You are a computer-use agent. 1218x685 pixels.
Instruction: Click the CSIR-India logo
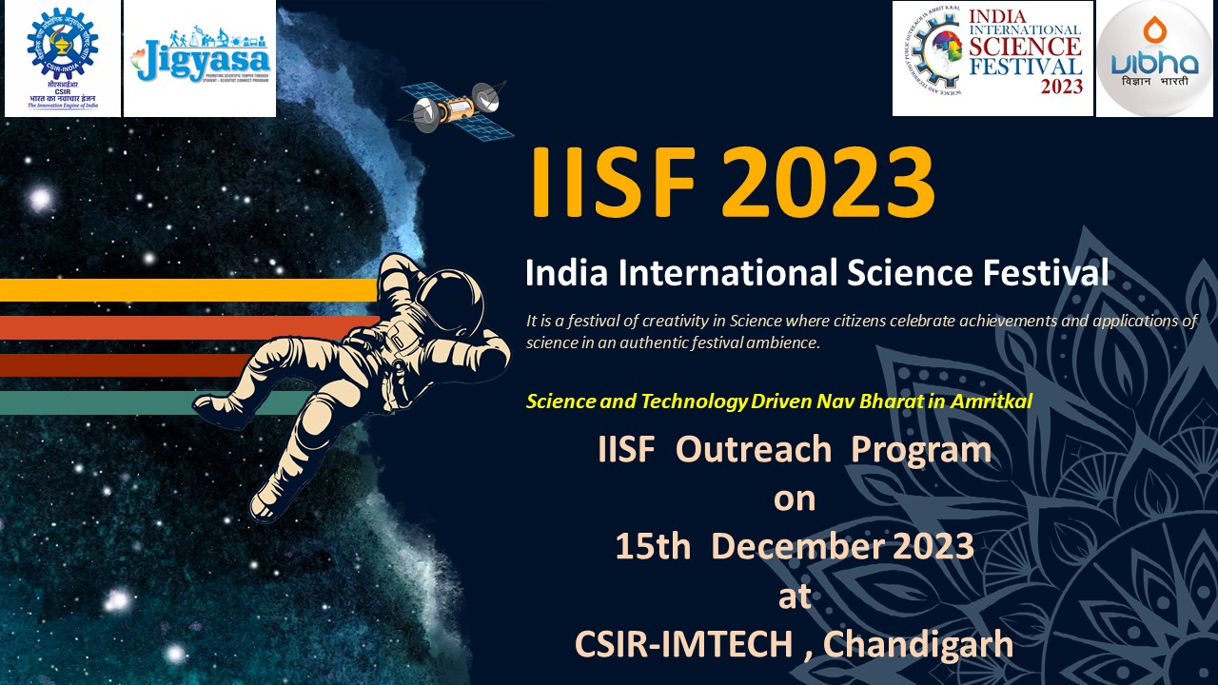tap(63, 58)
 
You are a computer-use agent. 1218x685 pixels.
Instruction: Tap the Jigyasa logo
tap(200, 58)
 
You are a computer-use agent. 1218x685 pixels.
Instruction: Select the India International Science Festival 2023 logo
tap(992, 58)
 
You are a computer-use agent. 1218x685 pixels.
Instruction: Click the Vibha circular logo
tap(1154, 58)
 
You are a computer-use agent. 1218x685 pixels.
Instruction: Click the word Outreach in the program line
tap(754, 449)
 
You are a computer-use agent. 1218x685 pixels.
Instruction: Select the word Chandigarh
tap(917, 645)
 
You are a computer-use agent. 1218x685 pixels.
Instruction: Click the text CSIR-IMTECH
tap(683, 645)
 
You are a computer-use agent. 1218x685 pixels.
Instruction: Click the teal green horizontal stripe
tap(95, 402)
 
